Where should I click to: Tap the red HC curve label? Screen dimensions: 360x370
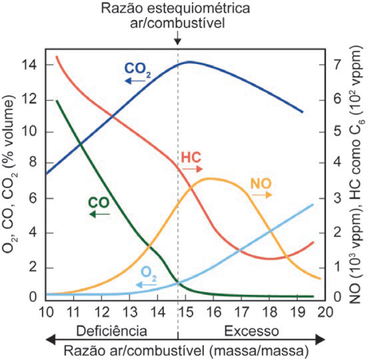point(191,158)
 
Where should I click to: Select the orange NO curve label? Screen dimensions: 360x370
point(261,183)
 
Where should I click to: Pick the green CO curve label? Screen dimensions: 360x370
point(99,202)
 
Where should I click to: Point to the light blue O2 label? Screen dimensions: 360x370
point(149,273)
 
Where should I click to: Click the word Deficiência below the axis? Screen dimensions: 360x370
point(111,332)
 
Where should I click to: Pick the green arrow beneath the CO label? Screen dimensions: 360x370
point(99,214)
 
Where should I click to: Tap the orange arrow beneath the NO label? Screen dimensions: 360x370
point(262,195)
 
